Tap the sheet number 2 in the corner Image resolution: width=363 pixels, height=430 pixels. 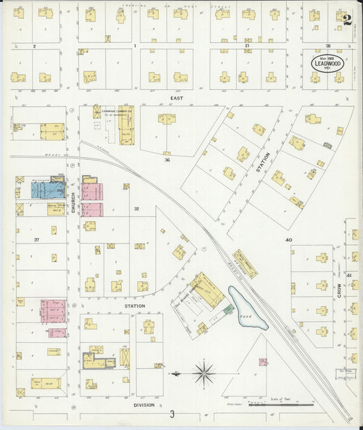tap(347, 20)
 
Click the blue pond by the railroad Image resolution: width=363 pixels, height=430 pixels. tap(244, 310)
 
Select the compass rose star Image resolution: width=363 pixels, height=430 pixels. tap(204, 373)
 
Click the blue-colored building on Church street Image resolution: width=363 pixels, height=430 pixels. tap(48, 189)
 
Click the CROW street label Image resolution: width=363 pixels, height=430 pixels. tap(338, 288)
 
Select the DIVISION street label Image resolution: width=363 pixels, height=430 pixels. tap(144, 405)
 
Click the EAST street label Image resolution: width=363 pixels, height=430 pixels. tap(176, 99)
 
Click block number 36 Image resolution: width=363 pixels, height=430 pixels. tap(166, 160)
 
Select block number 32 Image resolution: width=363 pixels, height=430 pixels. tap(136, 209)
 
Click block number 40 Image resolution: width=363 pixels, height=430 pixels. tap(288, 240)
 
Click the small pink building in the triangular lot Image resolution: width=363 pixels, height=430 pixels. tap(262, 362)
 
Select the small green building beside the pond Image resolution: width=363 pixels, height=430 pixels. tap(228, 310)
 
